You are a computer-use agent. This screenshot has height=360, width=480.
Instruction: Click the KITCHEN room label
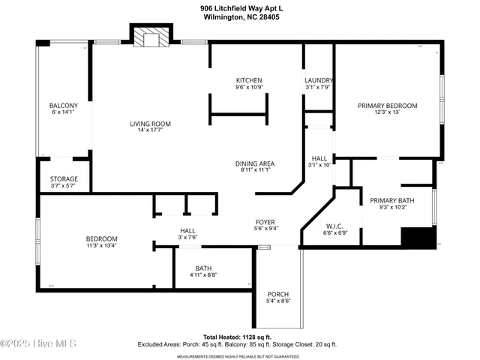pos(249,80)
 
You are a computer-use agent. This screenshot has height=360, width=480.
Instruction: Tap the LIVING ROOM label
pos(151,124)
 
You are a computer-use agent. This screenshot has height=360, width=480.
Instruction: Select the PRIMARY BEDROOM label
pos(387,106)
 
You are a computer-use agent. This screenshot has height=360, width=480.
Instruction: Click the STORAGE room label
pos(64,178)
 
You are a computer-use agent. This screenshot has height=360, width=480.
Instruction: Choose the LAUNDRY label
pos(318,80)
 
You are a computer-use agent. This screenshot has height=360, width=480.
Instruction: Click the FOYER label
pos(265,222)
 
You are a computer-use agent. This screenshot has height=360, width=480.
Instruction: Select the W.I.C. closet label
pos(334,226)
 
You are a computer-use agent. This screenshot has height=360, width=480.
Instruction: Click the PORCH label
pos(278,294)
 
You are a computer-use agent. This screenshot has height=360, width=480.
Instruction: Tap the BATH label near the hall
pos(203,268)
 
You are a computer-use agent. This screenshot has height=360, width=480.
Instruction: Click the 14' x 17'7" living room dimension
pos(151,130)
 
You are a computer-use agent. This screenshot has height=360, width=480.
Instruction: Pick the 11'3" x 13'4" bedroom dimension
pos(100,244)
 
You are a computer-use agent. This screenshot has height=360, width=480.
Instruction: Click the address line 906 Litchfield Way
pos(242,8)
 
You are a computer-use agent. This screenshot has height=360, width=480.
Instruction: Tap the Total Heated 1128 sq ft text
pos(237,337)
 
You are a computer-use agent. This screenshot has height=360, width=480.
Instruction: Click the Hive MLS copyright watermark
pos(38,344)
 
